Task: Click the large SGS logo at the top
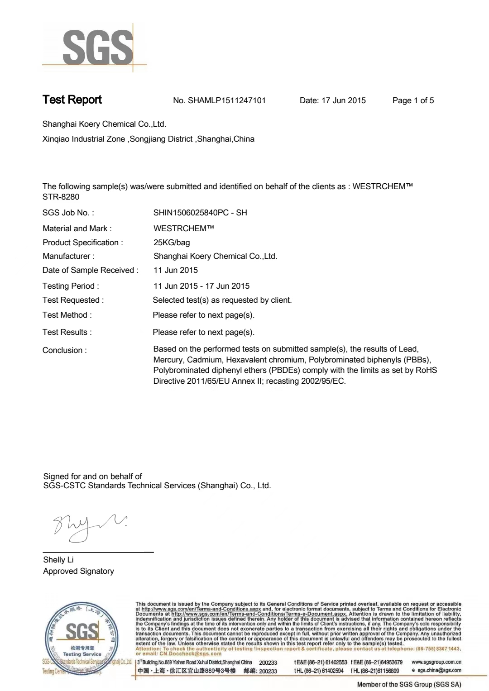click(x=97, y=48)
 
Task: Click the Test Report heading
click(x=72, y=100)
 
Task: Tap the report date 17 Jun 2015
click(x=343, y=100)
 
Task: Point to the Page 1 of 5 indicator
click(x=413, y=100)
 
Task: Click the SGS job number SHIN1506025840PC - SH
click(x=200, y=213)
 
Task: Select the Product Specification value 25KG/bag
click(x=172, y=243)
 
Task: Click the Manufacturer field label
click(x=68, y=256)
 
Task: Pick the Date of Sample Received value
click(x=176, y=270)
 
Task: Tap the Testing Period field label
click(x=71, y=286)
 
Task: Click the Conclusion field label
click(x=64, y=350)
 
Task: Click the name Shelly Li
click(x=58, y=560)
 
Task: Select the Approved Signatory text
click(x=78, y=571)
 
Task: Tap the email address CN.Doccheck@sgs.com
click(x=190, y=653)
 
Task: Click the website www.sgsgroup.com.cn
click(x=436, y=662)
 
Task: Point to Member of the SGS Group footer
click(x=409, y=685)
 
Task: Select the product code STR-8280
click(x=61, y=197)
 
